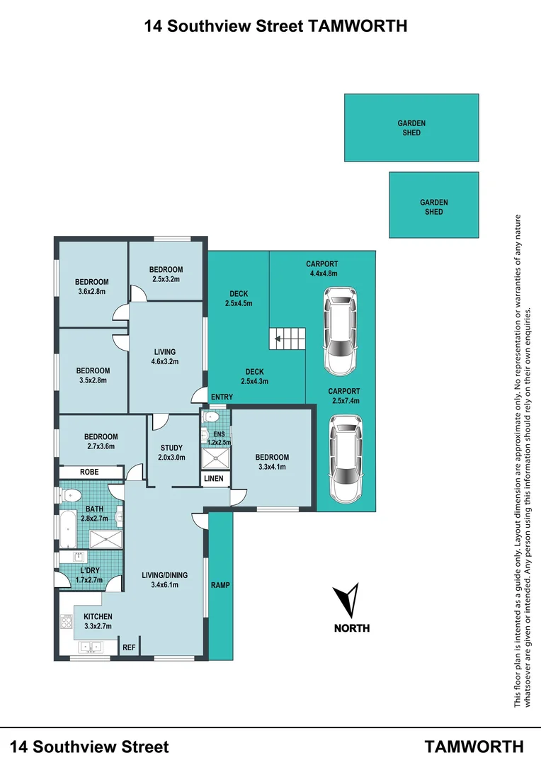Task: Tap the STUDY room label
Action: click(x=171, y=448)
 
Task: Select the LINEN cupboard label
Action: click(x=214, y=479)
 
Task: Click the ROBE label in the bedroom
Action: click(x=89, y=472)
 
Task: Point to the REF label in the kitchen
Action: click(x=129, y=647)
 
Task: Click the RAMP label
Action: click(x=220, y=585)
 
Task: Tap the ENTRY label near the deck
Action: click(x=222, y=397)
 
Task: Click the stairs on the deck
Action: click(x=287, y=339)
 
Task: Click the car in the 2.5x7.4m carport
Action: click(x=346, y=458)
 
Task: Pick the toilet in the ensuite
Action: click(x=211, y=417)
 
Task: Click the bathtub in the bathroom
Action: click(x=69, y=529)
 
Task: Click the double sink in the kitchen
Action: click(x=90, y=647)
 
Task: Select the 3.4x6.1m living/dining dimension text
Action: click(x=165, y=584)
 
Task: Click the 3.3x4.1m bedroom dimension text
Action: click(x=272, y=467)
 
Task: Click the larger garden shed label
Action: click(x=411, y=127)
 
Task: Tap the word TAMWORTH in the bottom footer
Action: click(x=474, y=747)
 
